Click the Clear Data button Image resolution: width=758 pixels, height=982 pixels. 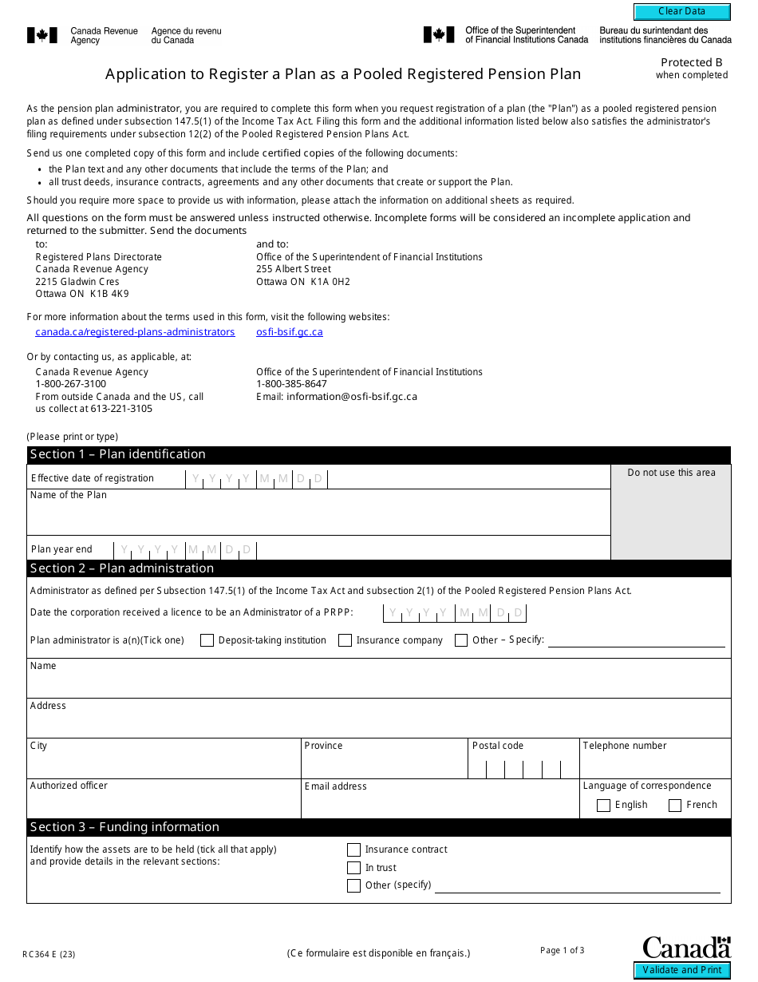tap(681, 12)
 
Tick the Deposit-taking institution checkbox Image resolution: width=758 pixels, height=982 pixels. tap(207, 640)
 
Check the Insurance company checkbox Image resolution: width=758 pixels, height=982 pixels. tap(345, 640)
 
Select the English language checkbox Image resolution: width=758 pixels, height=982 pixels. tap(603, 806)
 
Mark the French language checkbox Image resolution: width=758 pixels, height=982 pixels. tap(675, 806)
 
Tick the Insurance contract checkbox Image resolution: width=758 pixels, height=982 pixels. tap(354, 850)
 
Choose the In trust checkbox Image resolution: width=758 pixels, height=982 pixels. tap(354, 868)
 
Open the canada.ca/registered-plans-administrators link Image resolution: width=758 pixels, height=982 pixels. tap(135, 332)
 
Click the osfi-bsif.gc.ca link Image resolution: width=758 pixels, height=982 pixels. tap(290, 332)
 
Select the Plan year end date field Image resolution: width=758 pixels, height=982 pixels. tap(185, 549)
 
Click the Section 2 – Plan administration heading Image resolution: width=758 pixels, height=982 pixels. tap(122, 568)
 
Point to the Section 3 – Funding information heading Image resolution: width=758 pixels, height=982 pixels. tap(124, 827)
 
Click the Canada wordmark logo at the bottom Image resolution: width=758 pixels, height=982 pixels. tap(686, 948)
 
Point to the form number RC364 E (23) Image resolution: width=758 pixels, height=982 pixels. tap(49, 953)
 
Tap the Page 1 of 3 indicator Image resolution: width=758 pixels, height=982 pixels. tap(562, 950)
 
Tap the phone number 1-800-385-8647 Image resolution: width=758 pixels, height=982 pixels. tap(291, 384)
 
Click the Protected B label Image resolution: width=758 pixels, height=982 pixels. tap(691, 62)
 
